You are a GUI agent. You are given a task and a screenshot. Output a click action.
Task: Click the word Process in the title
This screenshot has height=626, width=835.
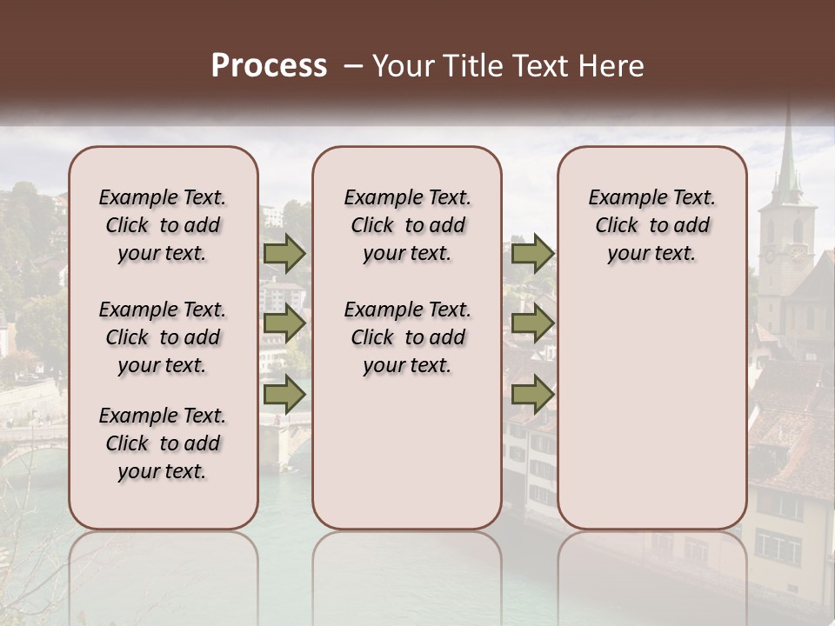pos(269,66)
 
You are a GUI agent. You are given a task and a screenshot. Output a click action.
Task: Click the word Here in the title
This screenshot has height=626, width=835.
pos(612,66)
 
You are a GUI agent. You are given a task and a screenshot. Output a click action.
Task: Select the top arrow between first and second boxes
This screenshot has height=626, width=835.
pos(284,253)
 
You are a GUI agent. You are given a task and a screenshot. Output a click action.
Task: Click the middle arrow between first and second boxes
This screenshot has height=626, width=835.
pos(284,323)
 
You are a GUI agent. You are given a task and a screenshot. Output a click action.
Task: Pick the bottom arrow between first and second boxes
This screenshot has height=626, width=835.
pos(284,395)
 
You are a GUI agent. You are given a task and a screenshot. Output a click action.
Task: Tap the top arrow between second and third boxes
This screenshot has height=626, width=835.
pos(532,253)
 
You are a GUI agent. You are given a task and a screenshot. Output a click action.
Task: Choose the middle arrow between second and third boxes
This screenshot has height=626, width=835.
pos(532,323)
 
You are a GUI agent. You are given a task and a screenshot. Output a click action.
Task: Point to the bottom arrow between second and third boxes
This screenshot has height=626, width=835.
pos(532,395)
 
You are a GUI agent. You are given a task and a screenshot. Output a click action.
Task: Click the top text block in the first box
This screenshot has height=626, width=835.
pos(163,225)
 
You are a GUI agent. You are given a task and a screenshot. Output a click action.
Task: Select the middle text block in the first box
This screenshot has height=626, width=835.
pos(163,337)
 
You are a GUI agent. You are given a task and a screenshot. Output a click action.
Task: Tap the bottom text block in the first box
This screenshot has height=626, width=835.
pos(163,443)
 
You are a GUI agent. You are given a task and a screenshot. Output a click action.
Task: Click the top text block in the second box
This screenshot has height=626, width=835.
pos(407,225)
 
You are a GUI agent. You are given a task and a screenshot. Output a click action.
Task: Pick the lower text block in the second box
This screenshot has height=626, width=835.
pos(407,337)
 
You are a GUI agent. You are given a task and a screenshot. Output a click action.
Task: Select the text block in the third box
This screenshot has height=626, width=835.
pos(651,225)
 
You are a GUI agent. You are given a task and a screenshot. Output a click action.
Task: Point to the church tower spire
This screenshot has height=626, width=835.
pos(787,156)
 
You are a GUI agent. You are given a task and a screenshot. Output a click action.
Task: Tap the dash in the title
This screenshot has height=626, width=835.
pos(352,66)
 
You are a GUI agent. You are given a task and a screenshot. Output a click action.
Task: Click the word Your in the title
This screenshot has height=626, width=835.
pos(401,66)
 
